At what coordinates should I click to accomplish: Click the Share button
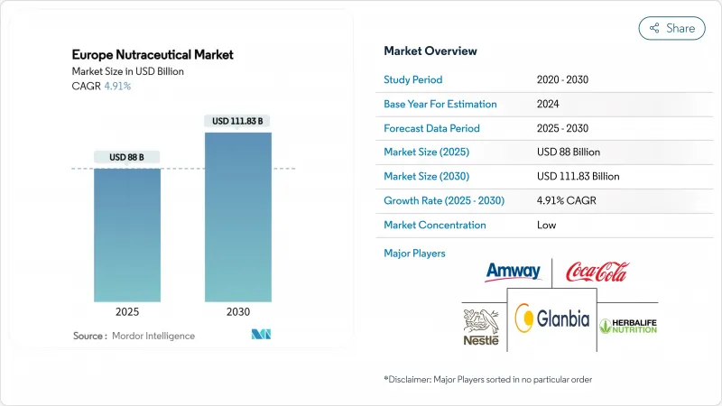(x=672, y=28)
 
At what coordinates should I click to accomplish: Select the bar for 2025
(x=127, y=235)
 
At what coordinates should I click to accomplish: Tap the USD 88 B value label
(x=127, y=157)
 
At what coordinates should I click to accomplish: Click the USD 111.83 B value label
(x=238, y=121)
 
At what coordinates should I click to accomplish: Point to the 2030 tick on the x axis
(x=238, y=313)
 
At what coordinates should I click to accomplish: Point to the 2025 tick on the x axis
(x=127, y=313)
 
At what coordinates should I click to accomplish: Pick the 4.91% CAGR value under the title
(x=116, y=86)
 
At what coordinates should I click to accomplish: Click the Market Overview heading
(x=430, y=51)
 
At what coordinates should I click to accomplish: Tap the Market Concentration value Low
(x=547, y=225)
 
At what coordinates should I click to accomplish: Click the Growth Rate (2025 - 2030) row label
(x=442, y=200)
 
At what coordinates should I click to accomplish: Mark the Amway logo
(x=513, y=272)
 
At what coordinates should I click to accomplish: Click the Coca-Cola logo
(x=597, y=271)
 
